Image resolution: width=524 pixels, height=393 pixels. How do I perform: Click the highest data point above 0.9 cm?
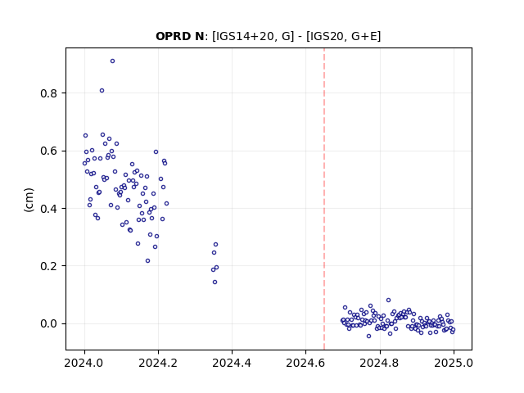(x=113, y=61)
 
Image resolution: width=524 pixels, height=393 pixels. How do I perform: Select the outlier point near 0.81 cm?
(x=102, y=91)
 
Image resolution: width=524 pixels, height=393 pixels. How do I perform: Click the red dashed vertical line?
(x=324, y=199)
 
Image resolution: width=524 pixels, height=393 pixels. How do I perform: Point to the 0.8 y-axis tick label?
(x=49, y=93)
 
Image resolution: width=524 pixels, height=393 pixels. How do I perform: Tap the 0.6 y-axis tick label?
(x=49, y=151)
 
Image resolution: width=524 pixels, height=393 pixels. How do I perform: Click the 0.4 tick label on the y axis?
(x=49, y=209)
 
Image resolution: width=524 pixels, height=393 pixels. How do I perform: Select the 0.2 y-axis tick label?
(x=49, y=266)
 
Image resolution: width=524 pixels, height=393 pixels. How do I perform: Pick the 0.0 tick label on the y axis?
(x=49, y=324)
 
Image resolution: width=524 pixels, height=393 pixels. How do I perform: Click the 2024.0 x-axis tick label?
(x=84, y=363)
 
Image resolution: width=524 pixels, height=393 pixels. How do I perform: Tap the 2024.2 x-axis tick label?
(x=158, y=363)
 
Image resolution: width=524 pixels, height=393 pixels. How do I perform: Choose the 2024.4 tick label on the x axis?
(x=232, y=363)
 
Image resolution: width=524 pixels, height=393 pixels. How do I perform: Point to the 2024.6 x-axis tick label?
(x=305, y=363)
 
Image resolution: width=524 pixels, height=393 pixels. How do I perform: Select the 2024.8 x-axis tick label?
(x=379, y=363)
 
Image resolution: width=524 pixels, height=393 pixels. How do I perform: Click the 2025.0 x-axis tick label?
(x=454, y=363)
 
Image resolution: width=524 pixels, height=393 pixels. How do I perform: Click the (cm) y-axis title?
(x=29, y=200)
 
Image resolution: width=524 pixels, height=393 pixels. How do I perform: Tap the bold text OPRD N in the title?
(x=180, y=36)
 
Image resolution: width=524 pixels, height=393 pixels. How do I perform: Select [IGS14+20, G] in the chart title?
(x=253, y=36)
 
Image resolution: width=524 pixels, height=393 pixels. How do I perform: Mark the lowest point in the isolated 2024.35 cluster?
(x=215, y=282)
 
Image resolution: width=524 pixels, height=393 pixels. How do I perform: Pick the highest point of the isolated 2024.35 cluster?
(x=215, y=245)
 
